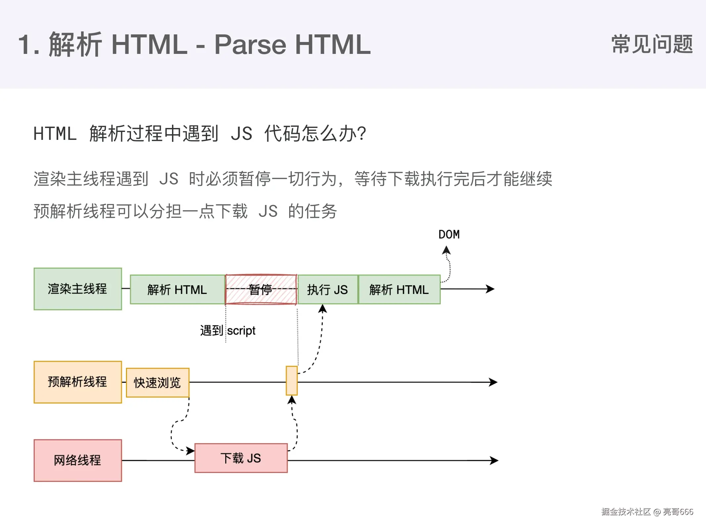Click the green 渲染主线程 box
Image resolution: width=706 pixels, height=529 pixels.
click(x=78, y=289)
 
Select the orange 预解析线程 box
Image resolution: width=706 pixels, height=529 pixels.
click(x=78, y=382)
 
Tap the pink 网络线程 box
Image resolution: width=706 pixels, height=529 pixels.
click(x=78, y=460)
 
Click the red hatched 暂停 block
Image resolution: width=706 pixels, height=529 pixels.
click(x=261, y=289)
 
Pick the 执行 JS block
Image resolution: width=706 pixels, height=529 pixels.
click(x=328, y=289)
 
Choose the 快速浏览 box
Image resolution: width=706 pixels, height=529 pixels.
click(x=157, y=383)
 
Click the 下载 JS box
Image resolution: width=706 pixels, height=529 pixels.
click(x=241, y=458)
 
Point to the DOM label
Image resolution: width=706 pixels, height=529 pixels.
click(x=449, y=234)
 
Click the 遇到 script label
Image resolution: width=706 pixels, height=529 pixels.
click(x=228, y=330)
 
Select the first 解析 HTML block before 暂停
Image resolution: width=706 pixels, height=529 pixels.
click(x=177, y=289)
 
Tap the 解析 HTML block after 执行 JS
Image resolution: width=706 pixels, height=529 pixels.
click(x=399, y=289)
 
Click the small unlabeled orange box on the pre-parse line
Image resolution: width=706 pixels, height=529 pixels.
click(x=291, y=381)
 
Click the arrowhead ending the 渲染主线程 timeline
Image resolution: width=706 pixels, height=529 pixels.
click(x=491, y=289)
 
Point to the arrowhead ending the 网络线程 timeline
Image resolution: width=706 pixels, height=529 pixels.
click(x=495, y=460)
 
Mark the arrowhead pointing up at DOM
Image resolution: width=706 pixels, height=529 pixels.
click(x=446, y=250)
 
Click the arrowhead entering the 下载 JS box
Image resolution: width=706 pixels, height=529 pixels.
click(x=191, y=451)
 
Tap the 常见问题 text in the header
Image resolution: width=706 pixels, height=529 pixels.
click(x=652, y=44)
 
